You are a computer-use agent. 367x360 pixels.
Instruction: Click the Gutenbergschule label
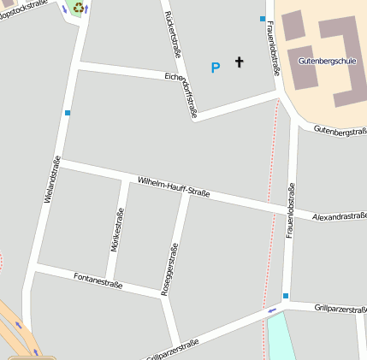(327, 62)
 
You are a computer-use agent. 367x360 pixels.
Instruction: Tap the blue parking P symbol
(216, 67)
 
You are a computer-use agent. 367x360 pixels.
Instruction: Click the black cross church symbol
(239, 62)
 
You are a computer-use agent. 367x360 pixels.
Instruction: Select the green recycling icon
(79, 8)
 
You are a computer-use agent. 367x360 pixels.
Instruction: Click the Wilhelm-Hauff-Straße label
(174, 186)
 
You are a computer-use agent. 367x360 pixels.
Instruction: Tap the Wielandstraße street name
(52, 180)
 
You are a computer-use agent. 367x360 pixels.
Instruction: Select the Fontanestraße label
(98, 279)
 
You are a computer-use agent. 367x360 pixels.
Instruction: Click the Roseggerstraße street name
(169, 267)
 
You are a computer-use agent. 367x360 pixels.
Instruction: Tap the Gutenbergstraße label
(340, 130)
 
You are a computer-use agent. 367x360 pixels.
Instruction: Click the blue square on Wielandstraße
(67, 112)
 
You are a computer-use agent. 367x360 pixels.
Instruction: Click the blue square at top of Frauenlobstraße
(263, 18)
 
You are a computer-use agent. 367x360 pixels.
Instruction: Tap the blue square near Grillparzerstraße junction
(286, 296)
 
